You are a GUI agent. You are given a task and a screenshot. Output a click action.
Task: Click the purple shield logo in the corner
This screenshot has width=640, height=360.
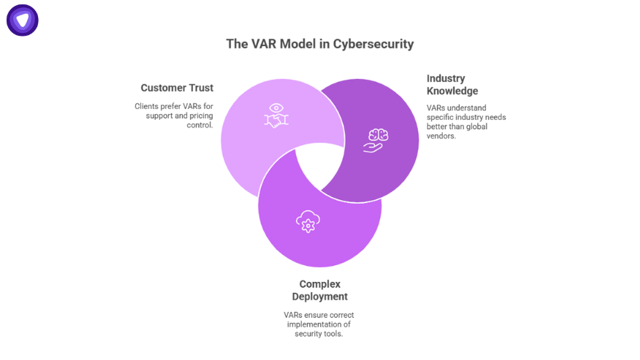pos(22,20)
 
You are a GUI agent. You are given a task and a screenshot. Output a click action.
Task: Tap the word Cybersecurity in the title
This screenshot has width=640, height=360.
pos(373,44)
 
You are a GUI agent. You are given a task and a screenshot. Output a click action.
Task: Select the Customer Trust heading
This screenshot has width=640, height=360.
pos(177,88)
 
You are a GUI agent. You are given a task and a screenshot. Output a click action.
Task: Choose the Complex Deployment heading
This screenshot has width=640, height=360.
pos(319,290)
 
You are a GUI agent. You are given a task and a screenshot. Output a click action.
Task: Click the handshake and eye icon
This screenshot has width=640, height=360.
pos(275,115)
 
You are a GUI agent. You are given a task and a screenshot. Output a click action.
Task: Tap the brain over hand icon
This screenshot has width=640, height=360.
pos(376,139)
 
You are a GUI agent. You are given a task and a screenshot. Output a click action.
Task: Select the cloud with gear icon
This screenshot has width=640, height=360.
pos(307,221)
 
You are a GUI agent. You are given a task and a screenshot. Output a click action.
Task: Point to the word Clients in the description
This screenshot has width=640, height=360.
pos(146,107)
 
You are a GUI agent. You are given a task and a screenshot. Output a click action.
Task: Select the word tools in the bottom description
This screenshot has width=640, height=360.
pos(332,334)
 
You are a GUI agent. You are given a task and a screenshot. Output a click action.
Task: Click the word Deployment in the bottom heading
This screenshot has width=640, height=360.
pos(319,296)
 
